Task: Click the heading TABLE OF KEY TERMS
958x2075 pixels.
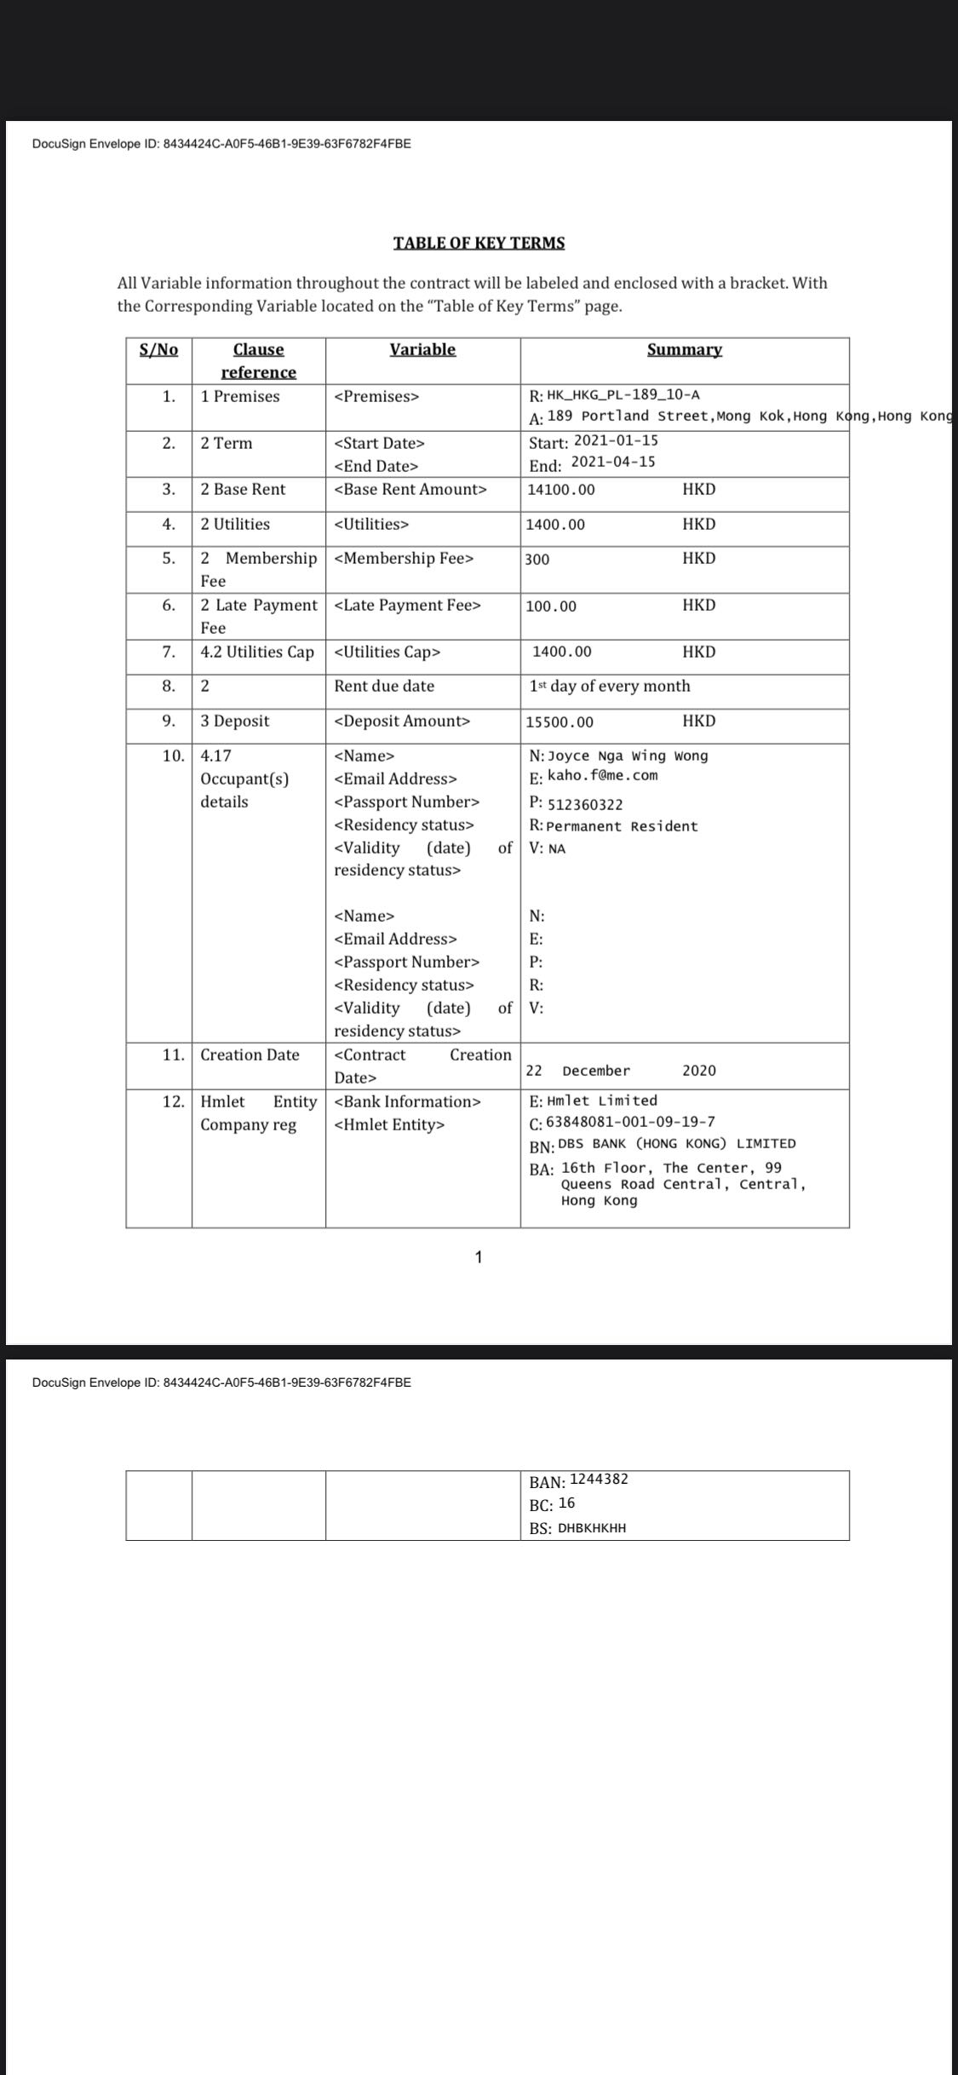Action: [479, 243]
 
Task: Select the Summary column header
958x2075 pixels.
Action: [685, 349]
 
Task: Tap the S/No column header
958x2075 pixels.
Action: [158, 349]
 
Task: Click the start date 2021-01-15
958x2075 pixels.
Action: [616, 440]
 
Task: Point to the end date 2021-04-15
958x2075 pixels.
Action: [613, 462]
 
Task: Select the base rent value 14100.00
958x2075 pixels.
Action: [561, 490]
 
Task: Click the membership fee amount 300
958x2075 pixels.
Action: [537, 560]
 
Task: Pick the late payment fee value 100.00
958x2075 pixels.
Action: [551, 606]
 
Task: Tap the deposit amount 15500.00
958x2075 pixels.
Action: [559, 722]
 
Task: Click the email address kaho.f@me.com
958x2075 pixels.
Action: [603, 775]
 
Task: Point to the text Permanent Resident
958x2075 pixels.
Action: [622, 826]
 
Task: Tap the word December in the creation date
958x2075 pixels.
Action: [596, 1071]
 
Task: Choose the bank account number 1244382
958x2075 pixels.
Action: [599, 1479]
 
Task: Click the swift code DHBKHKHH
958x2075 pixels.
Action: [592, 1528]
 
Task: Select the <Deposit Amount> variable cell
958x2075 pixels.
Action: [402, 721]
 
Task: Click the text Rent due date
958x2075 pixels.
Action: [384, 686]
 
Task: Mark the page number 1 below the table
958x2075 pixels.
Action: [479, 1256]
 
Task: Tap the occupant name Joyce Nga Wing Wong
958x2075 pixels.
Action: [628, 756]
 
